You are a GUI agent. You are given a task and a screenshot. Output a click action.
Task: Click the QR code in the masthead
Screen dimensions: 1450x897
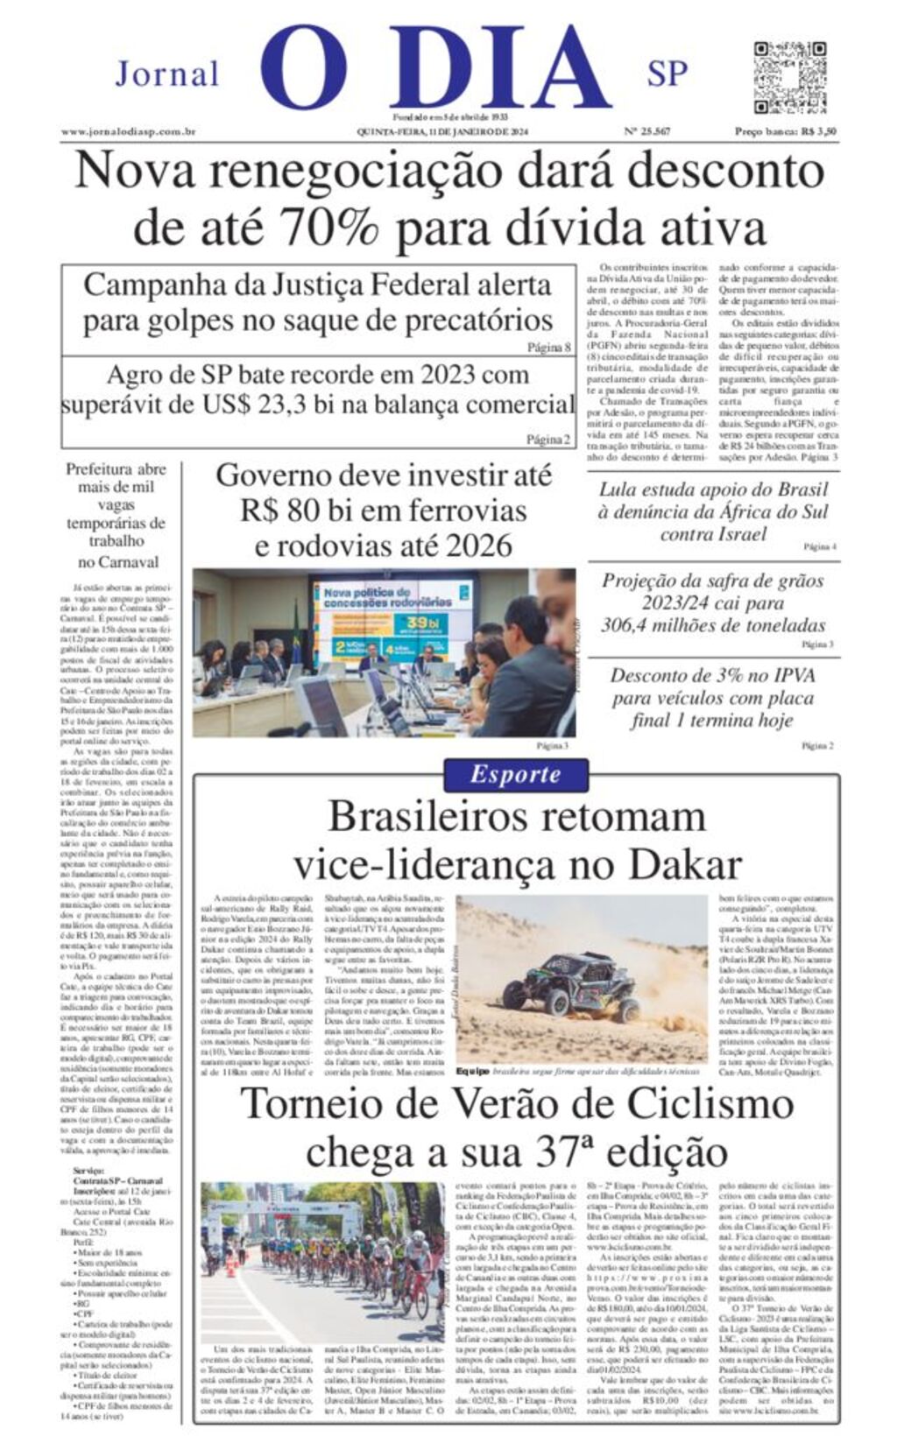pyautogui.click(x=789, y=76)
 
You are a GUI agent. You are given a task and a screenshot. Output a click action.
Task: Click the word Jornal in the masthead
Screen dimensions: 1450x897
pyautogui.click(x=167, y=74)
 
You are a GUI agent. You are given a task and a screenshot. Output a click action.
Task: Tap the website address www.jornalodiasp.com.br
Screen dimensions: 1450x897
pyautogui.click(x=128, y=132)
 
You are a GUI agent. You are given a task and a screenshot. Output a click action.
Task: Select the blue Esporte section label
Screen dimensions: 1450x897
pyautogui.click(x=515, y=775)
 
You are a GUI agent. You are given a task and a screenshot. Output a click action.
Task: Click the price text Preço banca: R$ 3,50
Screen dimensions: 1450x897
pyautogui.click(x=785, y=132)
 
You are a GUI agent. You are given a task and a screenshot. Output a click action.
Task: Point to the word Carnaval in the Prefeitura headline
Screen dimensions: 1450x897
pyautogui.click(x=118, y=562)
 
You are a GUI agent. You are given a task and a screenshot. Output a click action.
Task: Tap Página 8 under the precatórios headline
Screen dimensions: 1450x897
pyautogui.click(x=548, y=348)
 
